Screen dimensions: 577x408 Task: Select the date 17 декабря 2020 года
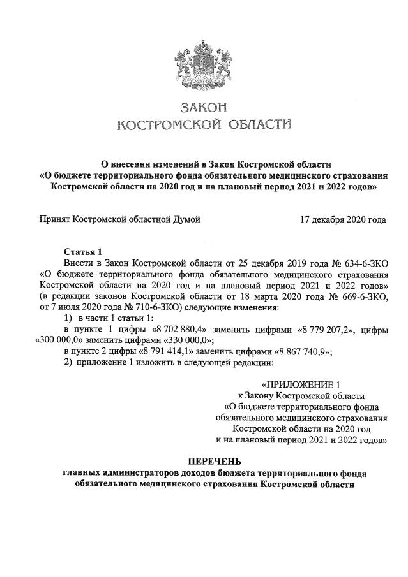click(x=343, y=220)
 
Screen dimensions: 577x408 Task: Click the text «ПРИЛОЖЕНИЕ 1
click(x=306, y=384)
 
